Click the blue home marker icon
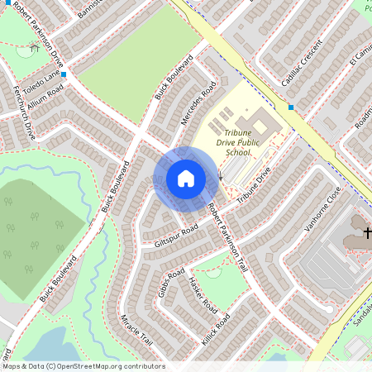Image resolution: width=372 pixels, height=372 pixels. pyautogui.click(x=186, y=179)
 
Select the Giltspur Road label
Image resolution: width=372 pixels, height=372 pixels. pyautogui.click(x=176, y=235)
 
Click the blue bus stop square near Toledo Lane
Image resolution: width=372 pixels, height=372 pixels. pyautogui.click(x=64, y=74)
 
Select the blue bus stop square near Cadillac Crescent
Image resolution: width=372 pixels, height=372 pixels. pyautogui.click(x=291, y=107)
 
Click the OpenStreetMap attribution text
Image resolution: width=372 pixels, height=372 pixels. pyautogui.click(x=83, y=366)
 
